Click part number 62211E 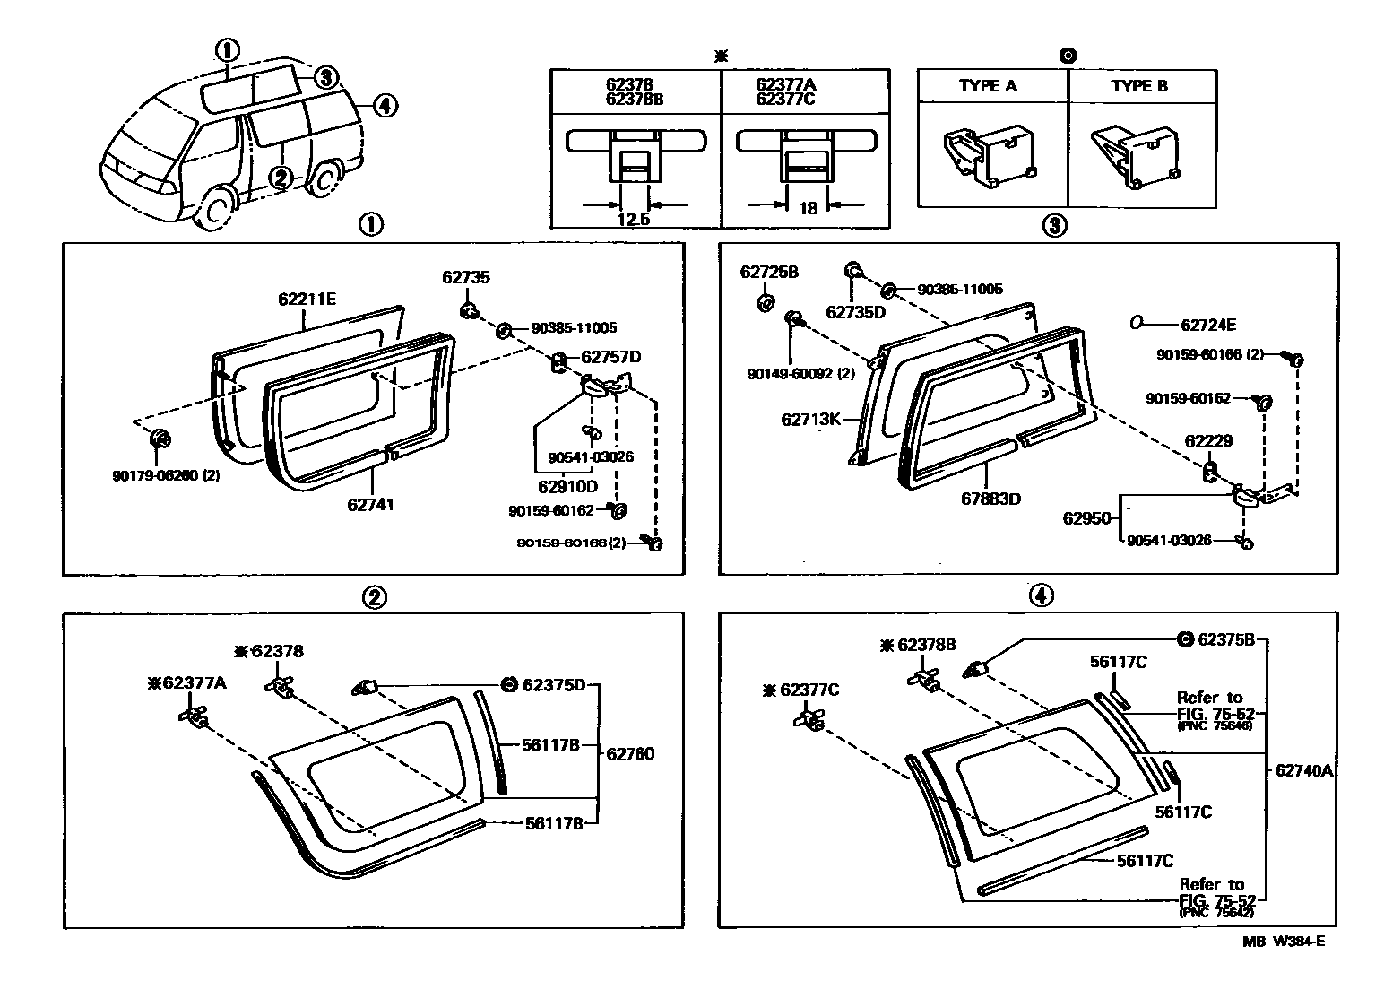(x=307, y=300)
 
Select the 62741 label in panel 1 (x=371, y=505)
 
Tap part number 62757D (x=611, y=357)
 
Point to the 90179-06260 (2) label (x=166, y=475)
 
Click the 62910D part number (x=567, y=487)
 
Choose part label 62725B (x=769, y=272)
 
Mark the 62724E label (x=1208, y=326)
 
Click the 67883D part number (x=990, y=498)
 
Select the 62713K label (x=810, y=419)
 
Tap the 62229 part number (x=1208, y=441)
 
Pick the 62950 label (x=1086, y=518)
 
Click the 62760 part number (x=630, y=753)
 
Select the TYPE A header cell (x=988, y=86)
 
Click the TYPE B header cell (x=1139, y=86)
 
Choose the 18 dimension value (x=808, y=208)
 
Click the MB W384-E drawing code (x=1283, y=941)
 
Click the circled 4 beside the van (x=383, y=106)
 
